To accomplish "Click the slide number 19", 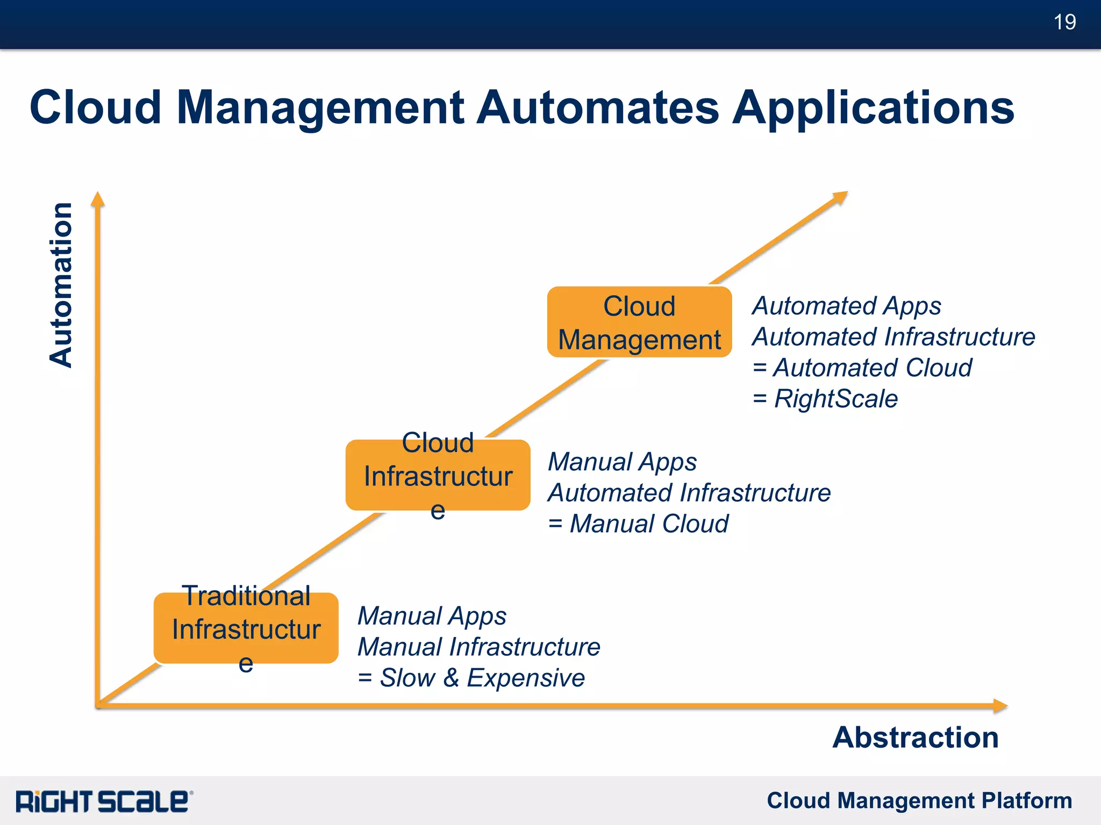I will click(x=1064, y=22).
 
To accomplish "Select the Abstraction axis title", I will click(x=915, y=737).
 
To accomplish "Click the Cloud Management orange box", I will click(x=639, y=322).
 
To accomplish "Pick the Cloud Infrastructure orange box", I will click(x=438, y=475).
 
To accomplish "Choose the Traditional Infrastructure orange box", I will click(x=246, y=628).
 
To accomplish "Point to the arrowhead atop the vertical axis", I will click(x=97, y=199).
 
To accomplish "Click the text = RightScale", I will click(x=825, y=399).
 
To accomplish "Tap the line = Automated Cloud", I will click(x=862, y=368).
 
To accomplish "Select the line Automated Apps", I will click(x=847, y=306).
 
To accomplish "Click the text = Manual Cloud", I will click(x=638, y=523).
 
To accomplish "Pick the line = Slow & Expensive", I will click(x=471, y=677).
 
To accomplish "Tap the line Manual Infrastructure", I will click(x=478, y=647).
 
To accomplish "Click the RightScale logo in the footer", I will click(x=104, y=801).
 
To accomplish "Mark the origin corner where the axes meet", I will click(x=98, y=705).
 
